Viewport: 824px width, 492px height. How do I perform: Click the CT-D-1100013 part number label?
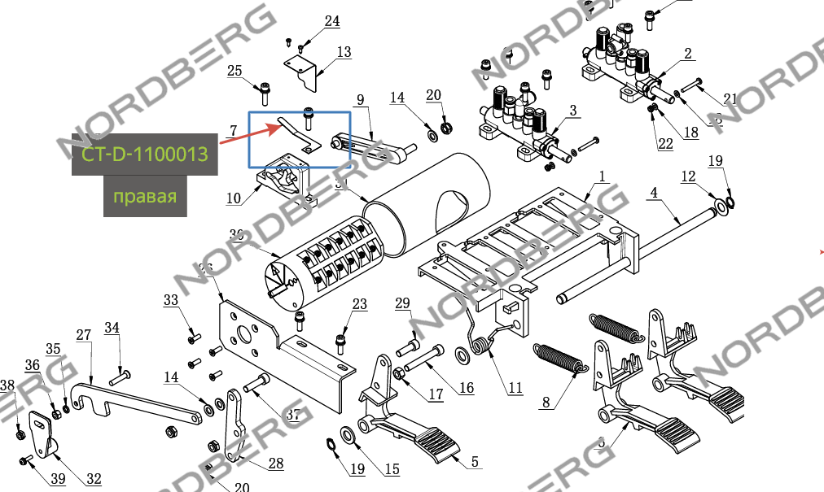pyautogui.click(x=144, y=153)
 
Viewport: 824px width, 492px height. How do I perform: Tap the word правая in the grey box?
pyautogui.click(x=145, y=197)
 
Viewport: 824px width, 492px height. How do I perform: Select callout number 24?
pyautogui.click(x=332, y=21)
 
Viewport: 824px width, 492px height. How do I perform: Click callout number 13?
pyautogui.click(x=344, y=52)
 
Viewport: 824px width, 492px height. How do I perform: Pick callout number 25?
pyautogui.click(x=235, y=71)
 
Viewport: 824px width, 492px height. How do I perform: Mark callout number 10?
pyautogui.click(x=234, y=198)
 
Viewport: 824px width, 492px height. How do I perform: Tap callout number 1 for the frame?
pyautogui.click(x=603, y=176)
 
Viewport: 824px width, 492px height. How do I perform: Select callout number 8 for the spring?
pyautogui.click(x=546, y=401)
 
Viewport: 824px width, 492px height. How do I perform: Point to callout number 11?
pyautogui.click(x=515, y=388)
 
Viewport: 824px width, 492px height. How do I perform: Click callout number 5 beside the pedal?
pyautogui.click(x=475, y=462)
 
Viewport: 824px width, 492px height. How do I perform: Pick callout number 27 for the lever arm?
pyautogui.click(x=83, y=335)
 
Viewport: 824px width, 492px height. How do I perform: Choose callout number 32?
pyautogui.click(x=94, y=479)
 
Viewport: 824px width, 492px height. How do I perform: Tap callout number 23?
pyautogui.click(x=360, y=304)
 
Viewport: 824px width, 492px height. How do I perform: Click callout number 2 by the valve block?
pyautogui.click(x=688, y=54)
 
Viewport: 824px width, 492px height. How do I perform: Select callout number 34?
pyautogui.click(x=112, y=328)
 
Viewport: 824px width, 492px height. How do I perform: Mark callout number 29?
pyautogui.click(x=402, y=303)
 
